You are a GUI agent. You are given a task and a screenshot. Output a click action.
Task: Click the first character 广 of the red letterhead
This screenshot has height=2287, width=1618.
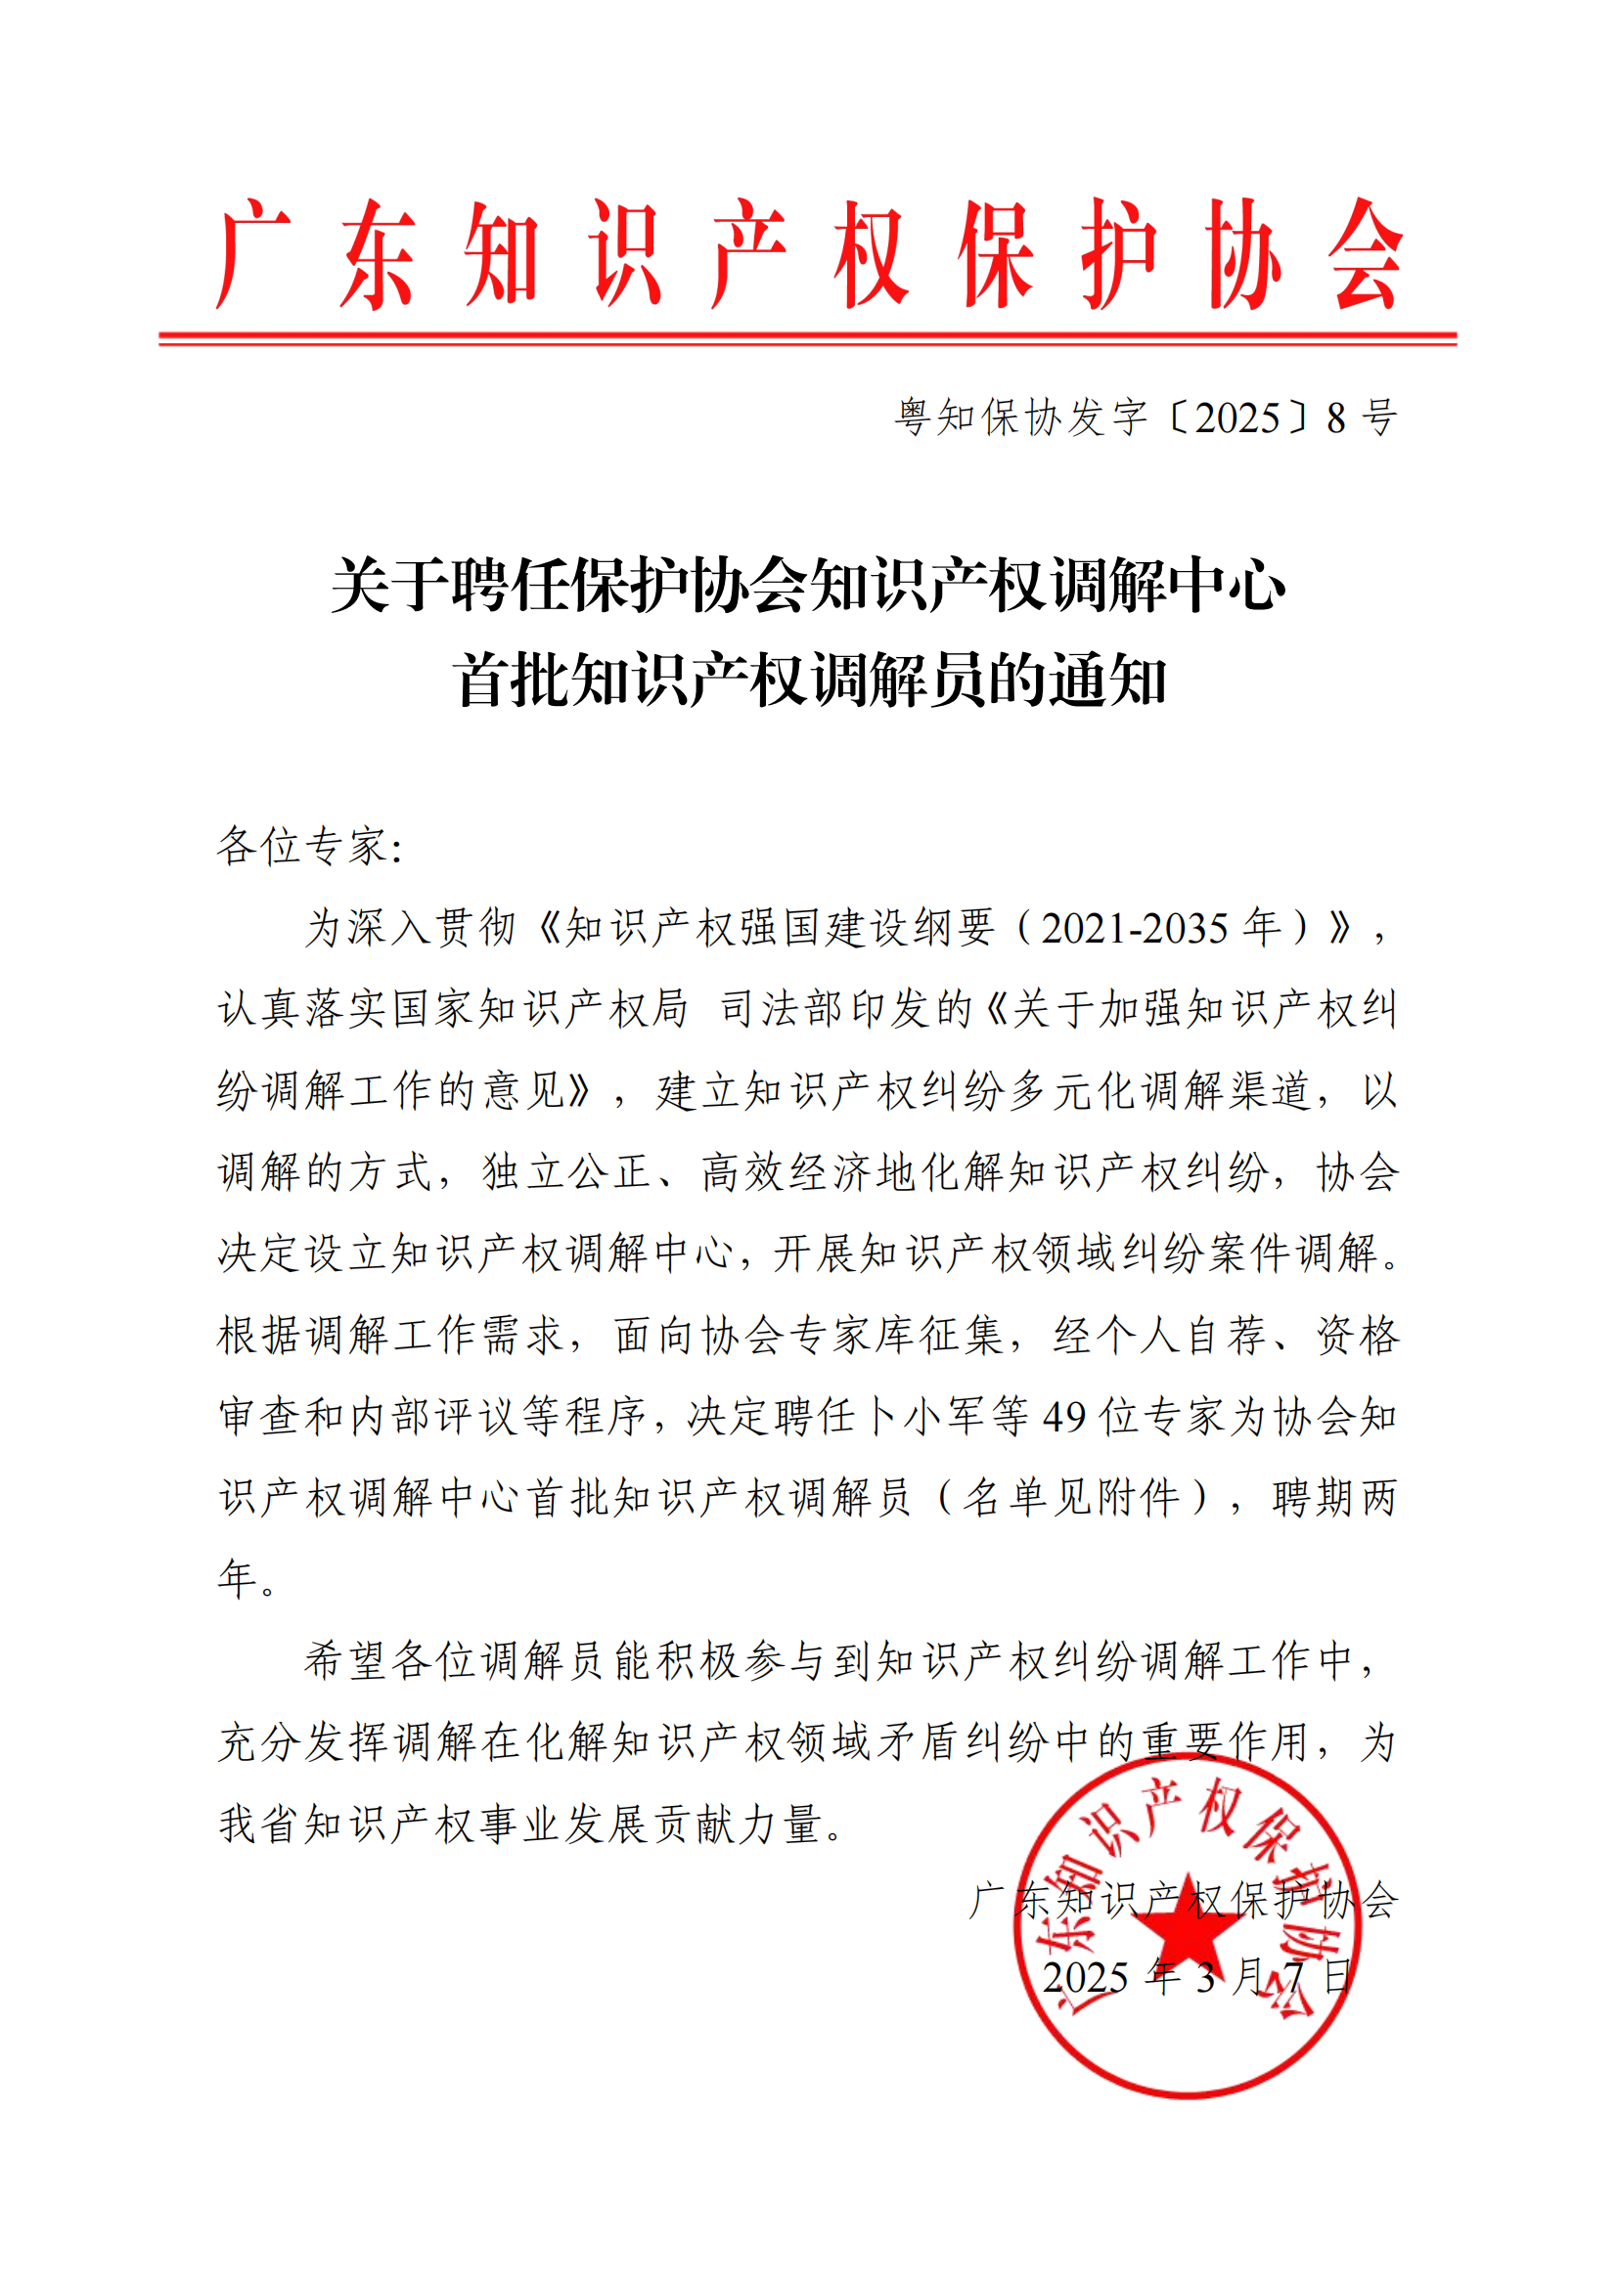click(252, 254)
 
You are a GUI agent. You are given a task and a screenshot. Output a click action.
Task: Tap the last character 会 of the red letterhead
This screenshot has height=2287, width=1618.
click(1365, 254)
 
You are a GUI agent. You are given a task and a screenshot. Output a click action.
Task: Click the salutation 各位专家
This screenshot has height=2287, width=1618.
click(302, 846)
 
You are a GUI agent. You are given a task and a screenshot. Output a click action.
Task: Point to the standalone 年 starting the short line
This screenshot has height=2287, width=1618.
click(237, 1579)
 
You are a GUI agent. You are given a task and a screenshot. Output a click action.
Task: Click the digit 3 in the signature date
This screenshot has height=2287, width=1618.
click(1206, 1978)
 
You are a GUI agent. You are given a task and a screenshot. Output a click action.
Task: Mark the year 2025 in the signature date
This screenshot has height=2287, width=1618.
click(1085, 1978)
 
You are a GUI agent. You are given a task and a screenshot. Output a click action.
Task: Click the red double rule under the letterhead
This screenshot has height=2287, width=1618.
click(808, 339)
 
